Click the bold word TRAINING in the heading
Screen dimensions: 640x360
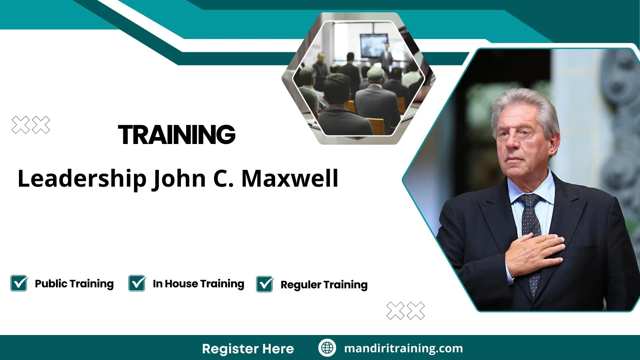click(177, 135)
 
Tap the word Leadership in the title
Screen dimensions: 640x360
click(82, 179)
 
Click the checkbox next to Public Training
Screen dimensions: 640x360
click(19, 283)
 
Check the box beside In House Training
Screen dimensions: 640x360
click(137, 283)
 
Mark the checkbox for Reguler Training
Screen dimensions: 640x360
click(265, 284)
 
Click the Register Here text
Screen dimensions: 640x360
click(248, 349)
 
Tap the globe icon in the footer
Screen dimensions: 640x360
click(327, 348)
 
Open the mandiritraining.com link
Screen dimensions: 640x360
click(403, 348)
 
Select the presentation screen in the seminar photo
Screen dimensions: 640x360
click(374, 45)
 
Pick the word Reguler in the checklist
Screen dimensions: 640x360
click(301, 285)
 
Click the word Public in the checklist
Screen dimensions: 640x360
click(51, 283)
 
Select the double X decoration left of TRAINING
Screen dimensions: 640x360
click(31, 125)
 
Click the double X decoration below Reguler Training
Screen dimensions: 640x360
click(406, 311)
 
